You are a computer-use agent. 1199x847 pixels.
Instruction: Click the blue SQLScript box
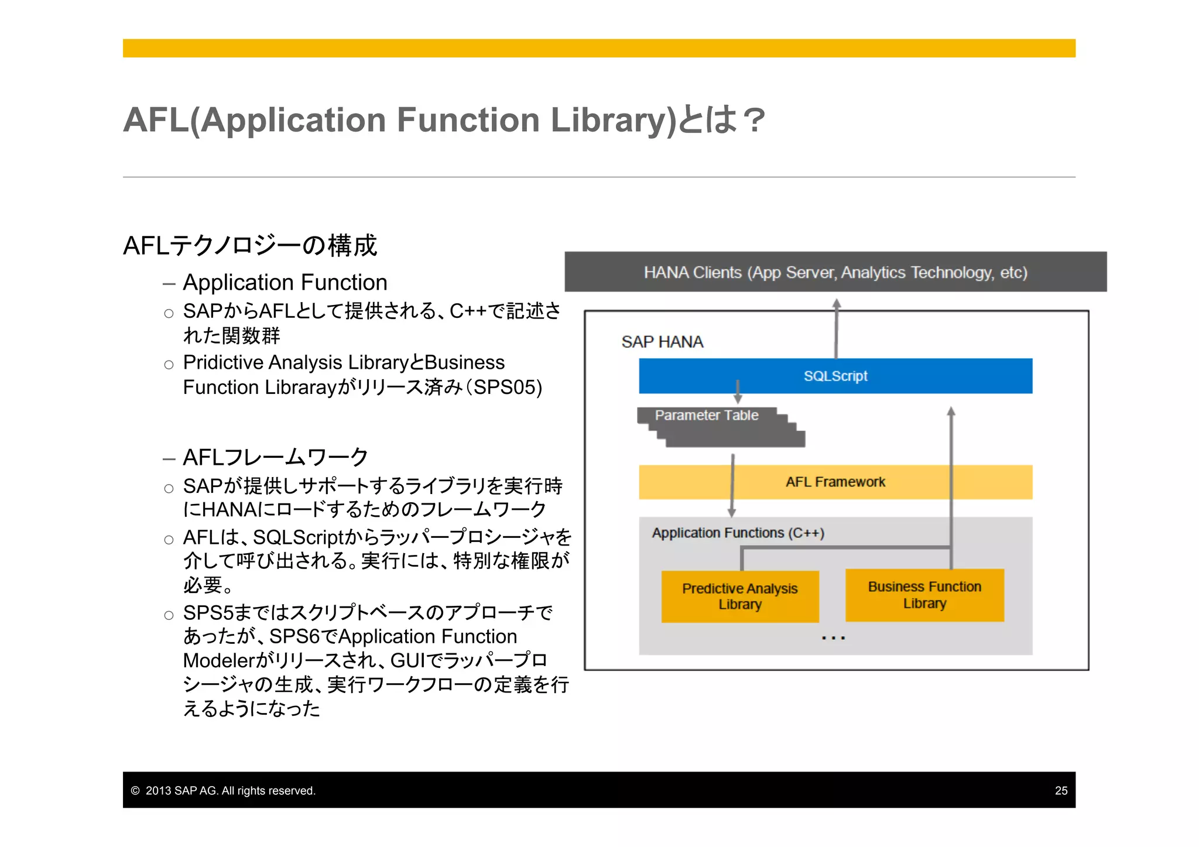[x=835, y=376]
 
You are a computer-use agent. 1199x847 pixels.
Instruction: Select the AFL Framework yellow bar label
[x=835, y=482]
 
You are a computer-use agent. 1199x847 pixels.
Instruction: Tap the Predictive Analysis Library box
[x=739, y=596]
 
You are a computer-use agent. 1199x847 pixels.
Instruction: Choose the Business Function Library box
[x=924, y=595]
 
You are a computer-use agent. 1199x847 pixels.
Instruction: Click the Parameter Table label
[x=706, y=415]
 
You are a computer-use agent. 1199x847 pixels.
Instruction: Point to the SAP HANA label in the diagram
[x=662, y=342]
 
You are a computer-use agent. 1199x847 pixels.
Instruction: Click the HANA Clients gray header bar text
[x=835, y=272]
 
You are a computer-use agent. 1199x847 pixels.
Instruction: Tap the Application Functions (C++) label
[x=738, y=533]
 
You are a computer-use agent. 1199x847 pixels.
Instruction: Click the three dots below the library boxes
[x=833, y=638]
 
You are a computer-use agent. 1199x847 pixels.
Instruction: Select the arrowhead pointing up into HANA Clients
[x=837, y=304]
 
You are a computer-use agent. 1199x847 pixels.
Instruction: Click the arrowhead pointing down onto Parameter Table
[x=738, y=399]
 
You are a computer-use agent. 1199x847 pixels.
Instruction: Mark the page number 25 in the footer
[x=1061, y=791]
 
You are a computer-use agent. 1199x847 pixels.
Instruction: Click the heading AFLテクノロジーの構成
[x=250, y=245]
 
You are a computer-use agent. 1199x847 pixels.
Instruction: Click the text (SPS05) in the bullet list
[x=508, y=388]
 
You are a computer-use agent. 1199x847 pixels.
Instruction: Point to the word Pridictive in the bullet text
[x=222, y=362]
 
